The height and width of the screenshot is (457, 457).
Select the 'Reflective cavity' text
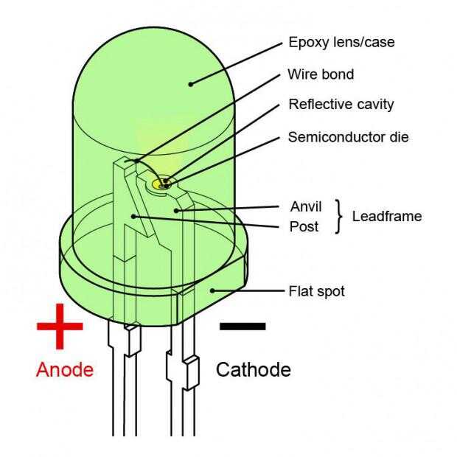(x=341, y=104)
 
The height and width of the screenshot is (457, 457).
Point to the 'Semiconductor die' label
(x=347, y=137)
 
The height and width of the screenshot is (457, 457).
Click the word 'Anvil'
(x=306, y=206)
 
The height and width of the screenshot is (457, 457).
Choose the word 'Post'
(x=304, y=226)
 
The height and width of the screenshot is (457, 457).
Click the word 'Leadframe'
(x=387, y=216)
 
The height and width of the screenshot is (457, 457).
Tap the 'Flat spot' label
(x=316, y=291)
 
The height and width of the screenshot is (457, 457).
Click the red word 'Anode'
(x=66, y=369)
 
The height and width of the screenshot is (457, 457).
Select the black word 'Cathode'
(x=253, y=369)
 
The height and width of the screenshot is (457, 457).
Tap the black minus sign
(x=242, y=325)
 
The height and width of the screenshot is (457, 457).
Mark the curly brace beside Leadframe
(x=339, y=216)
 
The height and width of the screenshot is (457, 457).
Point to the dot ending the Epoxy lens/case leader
(x=190, y=83)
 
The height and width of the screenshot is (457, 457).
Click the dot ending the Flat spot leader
(x=212, y=290)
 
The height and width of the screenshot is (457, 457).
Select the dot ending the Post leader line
(x=133, y=215)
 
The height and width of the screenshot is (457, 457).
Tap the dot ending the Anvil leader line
(x=177, y=210)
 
